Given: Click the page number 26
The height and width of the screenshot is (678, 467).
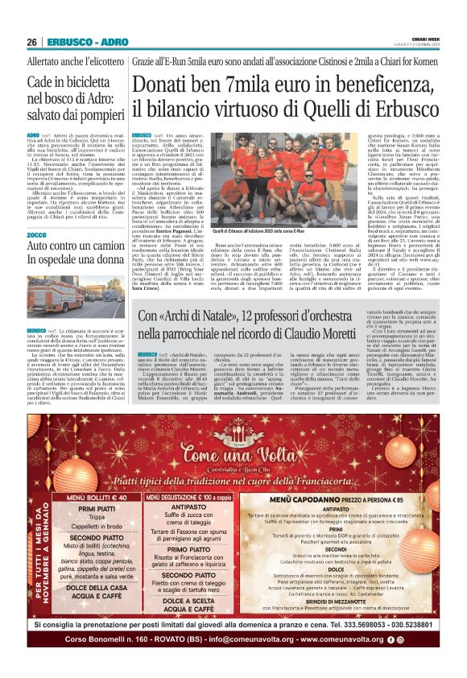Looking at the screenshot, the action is click(32, 42).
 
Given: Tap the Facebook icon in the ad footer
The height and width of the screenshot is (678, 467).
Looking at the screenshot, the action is click(389, 661).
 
